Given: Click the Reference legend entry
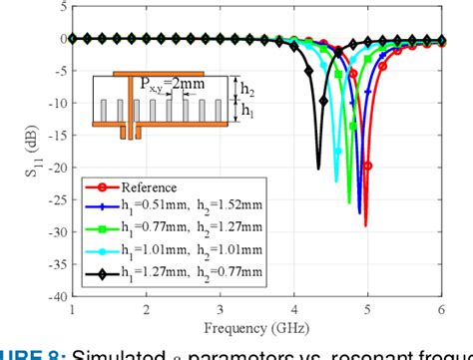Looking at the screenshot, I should (x=149, y=186).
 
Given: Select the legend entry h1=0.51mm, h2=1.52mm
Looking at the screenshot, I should (x=181, y=206).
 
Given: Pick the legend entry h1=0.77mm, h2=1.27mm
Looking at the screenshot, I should (x=181, y=226).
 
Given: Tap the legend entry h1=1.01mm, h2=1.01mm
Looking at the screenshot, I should (x=181, y=246).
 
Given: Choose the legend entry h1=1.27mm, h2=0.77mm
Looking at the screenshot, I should (x=181, y=266).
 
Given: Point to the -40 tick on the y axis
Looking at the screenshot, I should (x=55, y=296).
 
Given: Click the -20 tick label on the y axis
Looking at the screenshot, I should (x=55, y=168).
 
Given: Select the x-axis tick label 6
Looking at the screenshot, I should (x=441, y=309).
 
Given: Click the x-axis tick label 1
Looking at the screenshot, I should (x=73, y=309).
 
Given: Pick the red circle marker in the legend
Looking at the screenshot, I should (x=101, y=186).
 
